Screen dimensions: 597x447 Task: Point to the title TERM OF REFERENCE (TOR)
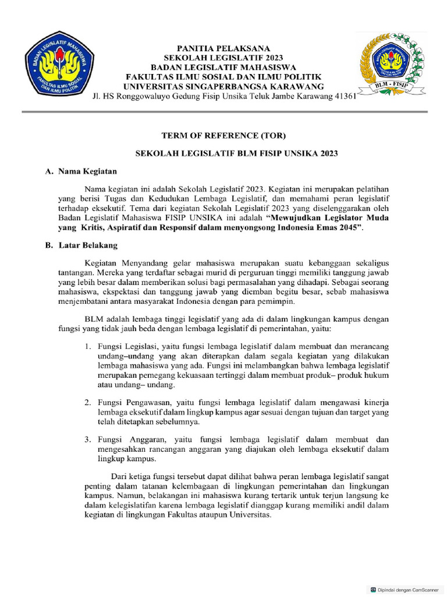223,136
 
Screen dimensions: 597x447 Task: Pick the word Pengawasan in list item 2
145,403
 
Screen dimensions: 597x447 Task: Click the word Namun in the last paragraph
107,496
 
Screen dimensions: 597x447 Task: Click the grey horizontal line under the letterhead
223,111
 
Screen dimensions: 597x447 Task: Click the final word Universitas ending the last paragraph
251,515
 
